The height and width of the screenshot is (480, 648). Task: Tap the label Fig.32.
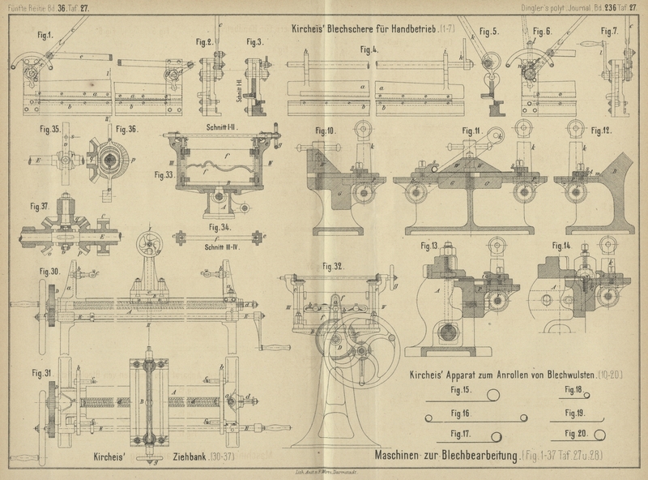point(332,265)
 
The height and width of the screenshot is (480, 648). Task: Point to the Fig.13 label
point(429,246)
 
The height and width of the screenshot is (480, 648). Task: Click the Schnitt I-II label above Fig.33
point(215,127)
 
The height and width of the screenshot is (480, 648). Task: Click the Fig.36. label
point(127,128)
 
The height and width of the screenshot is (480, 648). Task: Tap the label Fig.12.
point(600,131)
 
